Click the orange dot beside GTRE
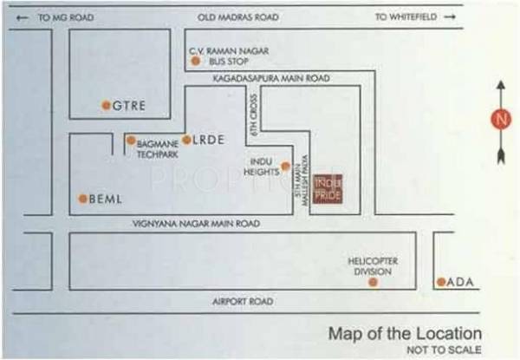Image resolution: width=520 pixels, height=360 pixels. point(106,106)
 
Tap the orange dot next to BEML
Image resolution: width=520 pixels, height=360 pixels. point(83,199)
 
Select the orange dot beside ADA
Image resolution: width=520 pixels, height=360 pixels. point(441,282)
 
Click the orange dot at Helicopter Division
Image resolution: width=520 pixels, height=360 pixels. point(373,282)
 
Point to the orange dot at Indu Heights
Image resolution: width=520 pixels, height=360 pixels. point(284,165)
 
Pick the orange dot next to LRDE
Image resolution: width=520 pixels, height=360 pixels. point(186,139)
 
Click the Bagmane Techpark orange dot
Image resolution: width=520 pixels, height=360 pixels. point(131,140)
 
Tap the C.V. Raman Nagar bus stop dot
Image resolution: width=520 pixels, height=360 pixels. point(206,62)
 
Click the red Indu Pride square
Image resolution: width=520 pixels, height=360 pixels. point(328,187)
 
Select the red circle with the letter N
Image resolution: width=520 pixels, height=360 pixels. point(499,120)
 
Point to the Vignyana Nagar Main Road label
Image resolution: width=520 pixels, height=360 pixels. point(196,224)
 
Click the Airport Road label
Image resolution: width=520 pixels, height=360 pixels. point(243,302)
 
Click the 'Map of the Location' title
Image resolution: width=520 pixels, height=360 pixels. point(404,334)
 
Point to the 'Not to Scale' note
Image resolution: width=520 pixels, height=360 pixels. point(444,350)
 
